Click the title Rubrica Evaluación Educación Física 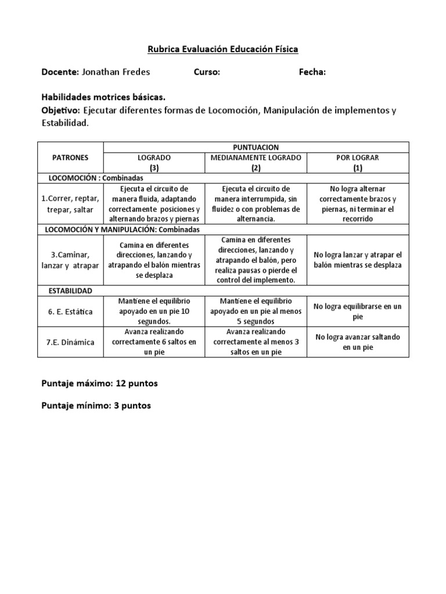click(222, 49)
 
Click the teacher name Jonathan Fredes click(116, 72)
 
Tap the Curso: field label click(207, 72)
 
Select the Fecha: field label click(312, 72)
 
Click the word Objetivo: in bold click(61, 110)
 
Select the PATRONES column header click(70, 157)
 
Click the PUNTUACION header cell click(256, 147)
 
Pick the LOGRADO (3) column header click(154, 162)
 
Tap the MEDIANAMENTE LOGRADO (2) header click(256, 162)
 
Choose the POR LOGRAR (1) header click(358, 162)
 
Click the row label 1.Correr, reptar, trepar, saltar click(70, 204)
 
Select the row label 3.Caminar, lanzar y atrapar click(70, 259)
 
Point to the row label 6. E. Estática click(70, 312)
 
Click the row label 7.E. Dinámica click(70, 342)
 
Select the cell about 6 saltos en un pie click(154, 342)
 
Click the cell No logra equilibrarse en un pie click(358, 312)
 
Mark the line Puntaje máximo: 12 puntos click(99, 384)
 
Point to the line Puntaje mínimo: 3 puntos click(96, 405)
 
